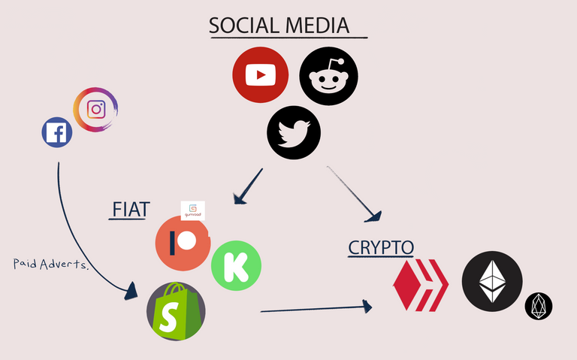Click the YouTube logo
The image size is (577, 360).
pos(261,74)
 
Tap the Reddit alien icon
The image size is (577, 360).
pos(328,76)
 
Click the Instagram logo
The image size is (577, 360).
pos(96,109)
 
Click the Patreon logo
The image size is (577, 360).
pos(183,244)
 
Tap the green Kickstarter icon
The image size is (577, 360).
pos(236,265)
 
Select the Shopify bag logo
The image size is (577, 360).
pos(176,310)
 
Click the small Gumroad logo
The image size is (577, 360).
pos(193,210)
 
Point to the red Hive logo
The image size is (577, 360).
pos(420,284)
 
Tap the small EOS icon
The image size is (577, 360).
pos(539,305)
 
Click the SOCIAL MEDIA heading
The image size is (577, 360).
pos(279,26)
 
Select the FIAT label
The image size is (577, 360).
pos(129,209)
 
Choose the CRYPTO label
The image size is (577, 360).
pos(381,247)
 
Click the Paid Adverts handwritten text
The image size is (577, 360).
pos(51,264)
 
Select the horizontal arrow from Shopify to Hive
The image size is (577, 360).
pos(316,307)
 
